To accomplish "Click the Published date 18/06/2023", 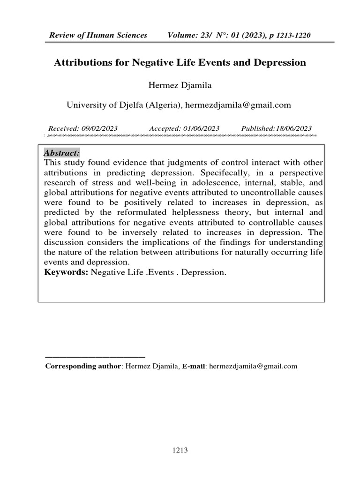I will (292, 128).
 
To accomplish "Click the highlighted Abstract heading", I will (61, 153).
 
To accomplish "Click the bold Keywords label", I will (66, 272).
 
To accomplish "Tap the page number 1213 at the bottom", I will (180, 450).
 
